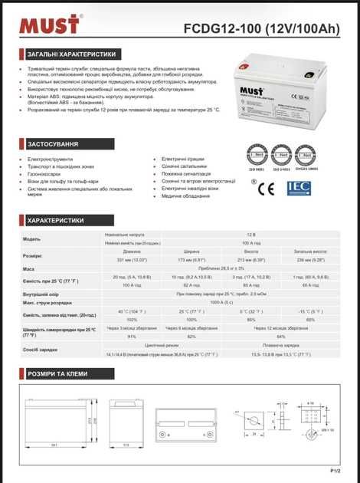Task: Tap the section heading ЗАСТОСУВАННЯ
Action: [x=53, y=143]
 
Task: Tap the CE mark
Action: [x=264, y=186]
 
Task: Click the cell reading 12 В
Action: [x=250, y=234]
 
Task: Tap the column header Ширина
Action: [x=191, y=250]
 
